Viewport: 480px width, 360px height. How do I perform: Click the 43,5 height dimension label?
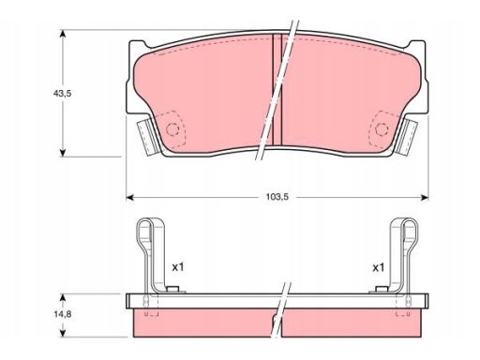point(62,93)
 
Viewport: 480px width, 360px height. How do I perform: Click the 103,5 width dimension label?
point(277,197)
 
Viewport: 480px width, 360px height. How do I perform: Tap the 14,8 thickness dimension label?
point(62,314)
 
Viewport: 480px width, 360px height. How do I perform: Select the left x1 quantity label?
point(178,267)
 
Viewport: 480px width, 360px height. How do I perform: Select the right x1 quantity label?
point(378,267)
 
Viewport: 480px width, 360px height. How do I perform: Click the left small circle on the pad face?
point(172,129)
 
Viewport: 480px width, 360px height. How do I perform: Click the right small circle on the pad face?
point(382,128)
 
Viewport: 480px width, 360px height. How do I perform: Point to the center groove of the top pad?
point(277,90)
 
